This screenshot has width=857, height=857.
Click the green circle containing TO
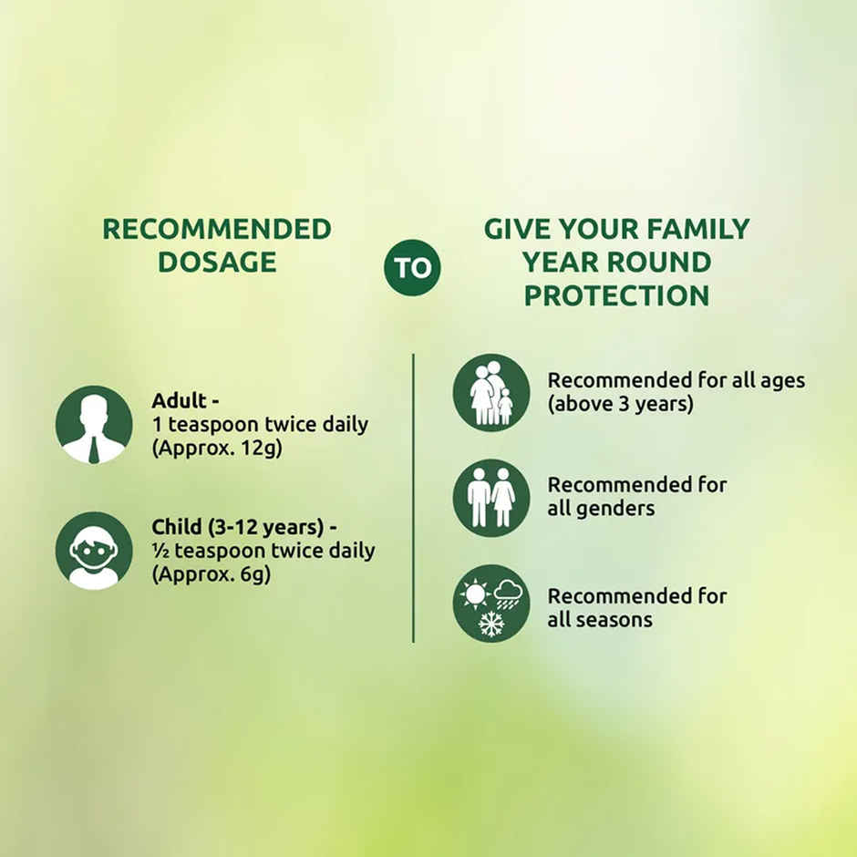click(x=411, y=267)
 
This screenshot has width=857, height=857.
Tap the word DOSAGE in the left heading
click(x=217, y=262)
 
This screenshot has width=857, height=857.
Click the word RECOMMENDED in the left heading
click(x=217, y=229)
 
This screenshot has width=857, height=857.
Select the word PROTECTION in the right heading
click(x=616, y=295)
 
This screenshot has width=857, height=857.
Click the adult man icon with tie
click(x=94, y=425)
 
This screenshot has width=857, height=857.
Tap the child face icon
click(x=94, y=550)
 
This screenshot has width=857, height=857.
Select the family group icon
click(x=491, y=392)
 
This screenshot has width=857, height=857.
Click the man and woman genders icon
click(x=491, y=498)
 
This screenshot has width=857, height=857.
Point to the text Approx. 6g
click(x=212, y=575)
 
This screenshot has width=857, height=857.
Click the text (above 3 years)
click(x=620, y=404)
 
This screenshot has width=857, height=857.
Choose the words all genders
click(x=601, y=509)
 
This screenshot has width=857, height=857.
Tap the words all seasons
click(x=600, y=620)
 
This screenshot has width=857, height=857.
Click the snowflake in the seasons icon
click(x=491, y=624)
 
